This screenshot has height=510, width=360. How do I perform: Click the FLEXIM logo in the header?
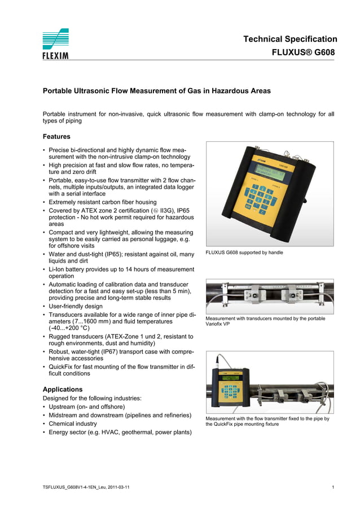pyautogui.click(x=55, y=44)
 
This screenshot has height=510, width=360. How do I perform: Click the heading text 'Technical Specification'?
pyautogui.click(x=290, y=39)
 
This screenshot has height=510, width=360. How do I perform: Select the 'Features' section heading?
pyautogui.click(x=56, y=137)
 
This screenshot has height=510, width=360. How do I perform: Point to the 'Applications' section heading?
pyautogui.click(x=63, y=389)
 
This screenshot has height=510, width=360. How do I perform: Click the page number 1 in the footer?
pyautogui.click(x=333, y=487)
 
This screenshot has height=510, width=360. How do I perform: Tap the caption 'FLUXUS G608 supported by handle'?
pyautogui.click(x=244, y=252)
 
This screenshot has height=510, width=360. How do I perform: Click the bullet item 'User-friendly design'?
pyautogui.click(x=76, y=306)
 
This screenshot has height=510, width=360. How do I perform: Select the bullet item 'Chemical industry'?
pyautogui.click(x=73, y=424)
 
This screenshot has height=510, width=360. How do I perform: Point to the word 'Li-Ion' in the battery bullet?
pyautogui.click(x=59, y=269)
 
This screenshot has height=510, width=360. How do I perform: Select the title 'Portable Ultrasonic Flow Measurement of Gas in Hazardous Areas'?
pyautogui.click(x=157, y=90)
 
